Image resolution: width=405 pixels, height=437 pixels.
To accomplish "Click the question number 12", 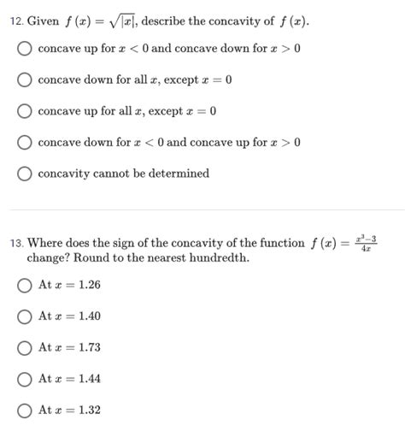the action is (x=17, y=20).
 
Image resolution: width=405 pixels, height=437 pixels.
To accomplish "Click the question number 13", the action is (x=17, y=244).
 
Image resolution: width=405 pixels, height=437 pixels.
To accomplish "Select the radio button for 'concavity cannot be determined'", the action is (x=26, y=174).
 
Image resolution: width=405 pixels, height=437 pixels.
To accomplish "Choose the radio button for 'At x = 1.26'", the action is (x=26, y=285).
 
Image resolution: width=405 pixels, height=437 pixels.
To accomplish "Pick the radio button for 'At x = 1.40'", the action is (x=26, y=316).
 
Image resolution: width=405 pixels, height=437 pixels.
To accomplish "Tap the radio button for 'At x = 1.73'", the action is (x=26, y=348).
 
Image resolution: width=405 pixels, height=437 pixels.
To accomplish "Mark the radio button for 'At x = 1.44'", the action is (x=26, y=379).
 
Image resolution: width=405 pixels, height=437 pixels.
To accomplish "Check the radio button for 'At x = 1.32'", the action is (x=26, y=410).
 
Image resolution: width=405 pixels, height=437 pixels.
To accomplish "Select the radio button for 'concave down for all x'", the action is (x=26, y=80).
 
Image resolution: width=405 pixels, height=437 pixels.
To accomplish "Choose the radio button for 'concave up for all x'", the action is (x=26, y=111).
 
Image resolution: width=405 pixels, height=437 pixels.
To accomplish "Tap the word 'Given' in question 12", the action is (x=43, y=20).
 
